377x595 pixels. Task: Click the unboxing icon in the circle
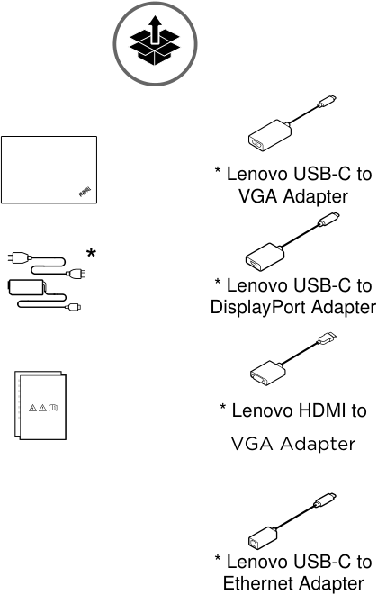(x=155, y=41)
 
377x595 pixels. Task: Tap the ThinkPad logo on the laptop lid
(x=85, y=192)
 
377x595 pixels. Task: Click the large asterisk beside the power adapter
(x=91, y=253)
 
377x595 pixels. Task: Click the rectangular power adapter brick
(x=27, y=287)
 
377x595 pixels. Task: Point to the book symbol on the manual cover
(x=53, y=408)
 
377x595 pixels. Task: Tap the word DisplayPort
(x=258, y=307)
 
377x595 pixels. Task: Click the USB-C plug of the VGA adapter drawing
(x=327, y=102)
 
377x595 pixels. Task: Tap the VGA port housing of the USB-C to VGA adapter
(x=270, y=135)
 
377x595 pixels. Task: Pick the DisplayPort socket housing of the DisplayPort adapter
(x=265, y=257)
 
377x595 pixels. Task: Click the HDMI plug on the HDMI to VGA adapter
(x=327, y=338)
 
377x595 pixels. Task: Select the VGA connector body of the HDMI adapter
(x=267, y=373)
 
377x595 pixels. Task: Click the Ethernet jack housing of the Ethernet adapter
(x=263, y=537)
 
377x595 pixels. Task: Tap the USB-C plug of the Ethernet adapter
(x=325, y=500)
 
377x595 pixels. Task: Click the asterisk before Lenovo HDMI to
(x=223, y=408)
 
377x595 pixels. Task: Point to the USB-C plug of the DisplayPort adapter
(x=328, y=220)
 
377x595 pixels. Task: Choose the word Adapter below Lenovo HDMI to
(x=318, y=444)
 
